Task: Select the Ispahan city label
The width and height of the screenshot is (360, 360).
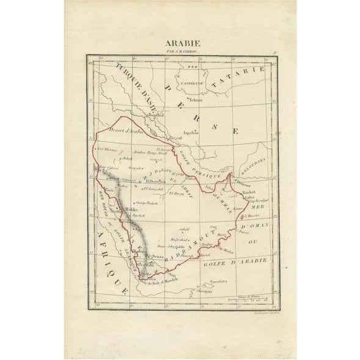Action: click(x=191, y=131)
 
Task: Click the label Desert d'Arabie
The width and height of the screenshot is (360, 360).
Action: click(x=125, y=130)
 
